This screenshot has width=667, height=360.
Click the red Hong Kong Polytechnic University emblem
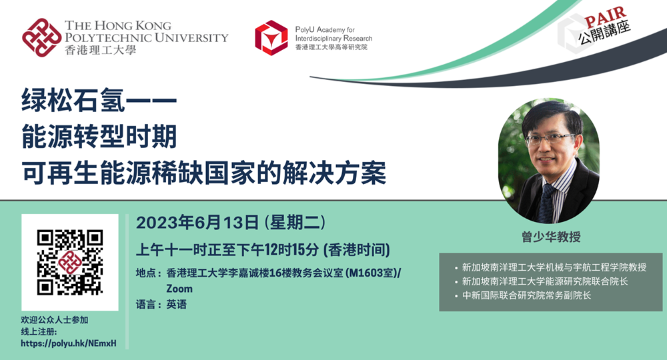41,37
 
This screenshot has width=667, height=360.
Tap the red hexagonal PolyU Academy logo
271,38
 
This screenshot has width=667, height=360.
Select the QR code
70,262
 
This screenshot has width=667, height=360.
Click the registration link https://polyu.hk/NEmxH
69,343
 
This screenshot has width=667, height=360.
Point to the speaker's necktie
546,203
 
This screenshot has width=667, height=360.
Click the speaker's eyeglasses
549,139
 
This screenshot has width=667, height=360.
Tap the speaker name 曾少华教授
552,237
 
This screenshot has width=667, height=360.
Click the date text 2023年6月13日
197,222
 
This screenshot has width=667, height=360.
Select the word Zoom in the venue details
179,289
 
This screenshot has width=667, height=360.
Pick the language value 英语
177,304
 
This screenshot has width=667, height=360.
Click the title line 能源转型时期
99,137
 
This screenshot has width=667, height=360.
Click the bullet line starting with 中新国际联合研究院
526,295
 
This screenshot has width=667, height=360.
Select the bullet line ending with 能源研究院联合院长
545,281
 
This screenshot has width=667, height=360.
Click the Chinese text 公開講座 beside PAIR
604,32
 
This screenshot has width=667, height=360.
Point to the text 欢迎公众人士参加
55,320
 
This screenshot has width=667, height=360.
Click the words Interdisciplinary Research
334,38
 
